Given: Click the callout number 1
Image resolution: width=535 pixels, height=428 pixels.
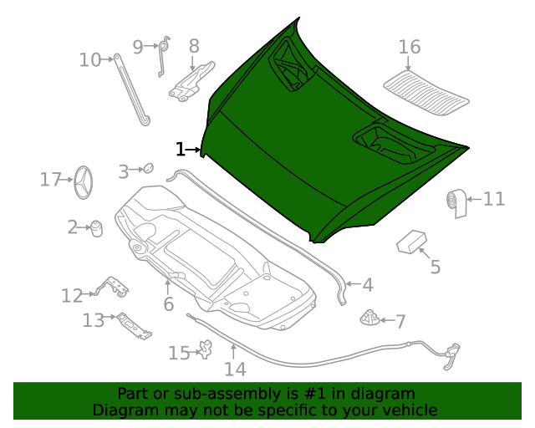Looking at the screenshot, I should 180,150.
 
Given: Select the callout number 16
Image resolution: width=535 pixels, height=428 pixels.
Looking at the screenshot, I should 409,47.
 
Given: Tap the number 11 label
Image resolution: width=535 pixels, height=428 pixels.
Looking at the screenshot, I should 493,199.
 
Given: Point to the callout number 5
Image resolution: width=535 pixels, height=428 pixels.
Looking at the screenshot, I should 435,267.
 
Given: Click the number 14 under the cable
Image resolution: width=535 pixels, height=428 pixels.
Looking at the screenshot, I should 235,369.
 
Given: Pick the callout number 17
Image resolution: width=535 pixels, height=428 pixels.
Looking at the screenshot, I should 51,179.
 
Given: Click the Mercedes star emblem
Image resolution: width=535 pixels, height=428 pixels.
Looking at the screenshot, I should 83,181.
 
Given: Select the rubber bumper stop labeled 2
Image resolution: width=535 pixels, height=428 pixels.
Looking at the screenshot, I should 96,227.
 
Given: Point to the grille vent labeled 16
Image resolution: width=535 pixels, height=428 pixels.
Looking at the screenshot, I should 427,90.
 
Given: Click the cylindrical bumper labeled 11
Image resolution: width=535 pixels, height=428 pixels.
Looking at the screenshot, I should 456,202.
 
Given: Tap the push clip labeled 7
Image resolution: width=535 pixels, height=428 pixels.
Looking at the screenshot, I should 369,318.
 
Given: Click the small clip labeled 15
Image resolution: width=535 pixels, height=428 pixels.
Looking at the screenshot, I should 202,349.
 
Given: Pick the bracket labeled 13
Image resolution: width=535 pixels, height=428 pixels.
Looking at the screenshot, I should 134,324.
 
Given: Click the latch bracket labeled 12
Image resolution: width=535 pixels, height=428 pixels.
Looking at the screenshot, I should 113,287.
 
